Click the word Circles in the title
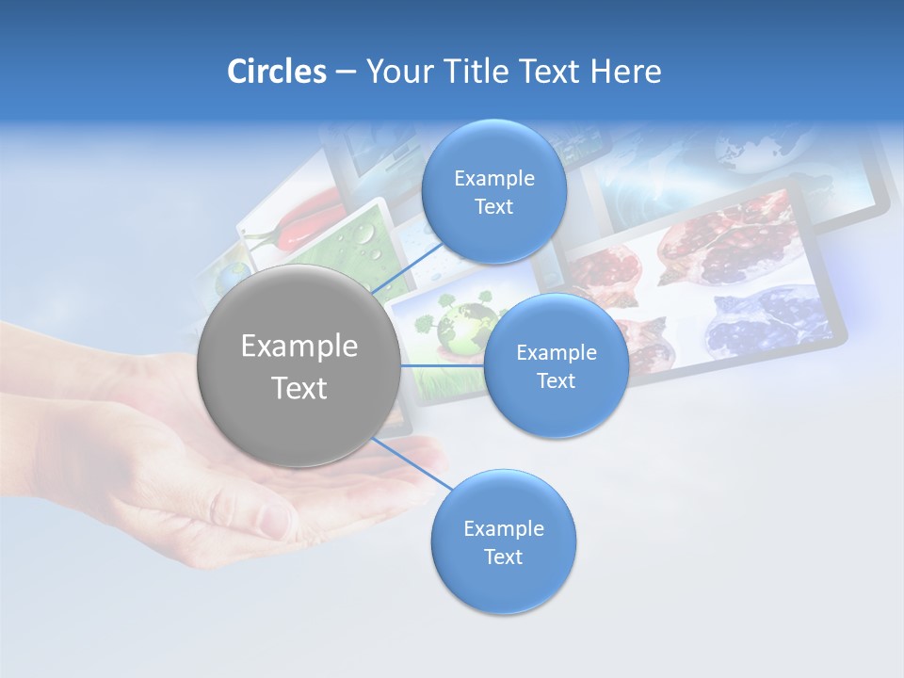[x=276, y=72]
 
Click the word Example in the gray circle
[x=299, y=347]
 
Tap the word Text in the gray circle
[x=299, y=388]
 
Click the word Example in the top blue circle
[x=493, y=179]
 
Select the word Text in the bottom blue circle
[x=503, y=557]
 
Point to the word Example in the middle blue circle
[x=556, y=353]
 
